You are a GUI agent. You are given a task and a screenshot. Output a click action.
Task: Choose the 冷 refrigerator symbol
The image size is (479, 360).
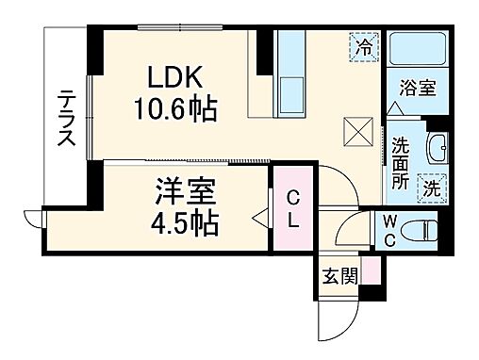tap(364, 43)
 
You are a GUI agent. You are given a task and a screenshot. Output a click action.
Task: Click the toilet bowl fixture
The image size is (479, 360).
tap(425, 228)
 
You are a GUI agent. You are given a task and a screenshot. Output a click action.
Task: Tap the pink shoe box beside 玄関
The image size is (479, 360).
tap(373, 269)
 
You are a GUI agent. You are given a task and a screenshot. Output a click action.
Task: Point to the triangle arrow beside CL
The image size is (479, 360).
tap(259, 221)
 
